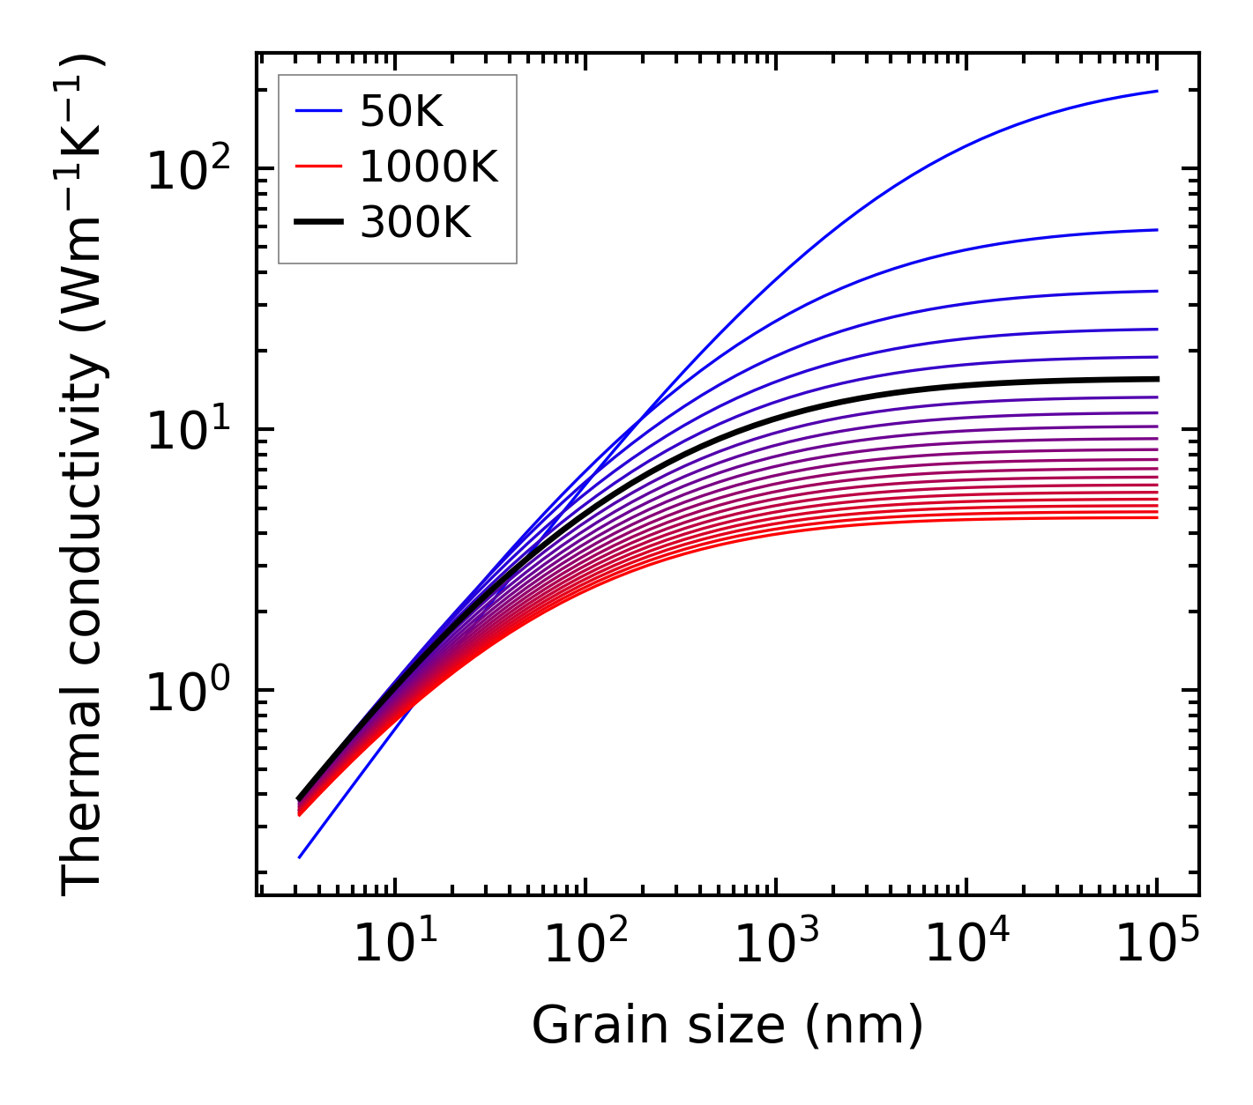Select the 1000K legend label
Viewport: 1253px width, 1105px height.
[x=429, y=167]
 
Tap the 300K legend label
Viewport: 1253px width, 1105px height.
[x=415, y=224]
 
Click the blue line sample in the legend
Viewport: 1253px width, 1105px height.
[x=317, y=111]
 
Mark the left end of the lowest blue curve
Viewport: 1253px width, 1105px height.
[x=300, y=857]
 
